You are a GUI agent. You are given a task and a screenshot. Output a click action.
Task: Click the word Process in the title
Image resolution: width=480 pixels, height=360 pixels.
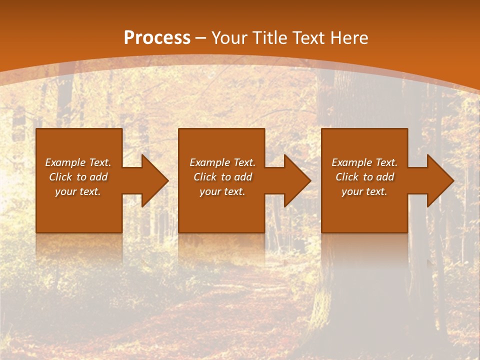157,38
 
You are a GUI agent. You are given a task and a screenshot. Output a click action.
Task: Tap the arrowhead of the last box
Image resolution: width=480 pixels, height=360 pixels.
439,180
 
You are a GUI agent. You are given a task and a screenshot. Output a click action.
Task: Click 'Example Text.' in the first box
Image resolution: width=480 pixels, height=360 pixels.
78,162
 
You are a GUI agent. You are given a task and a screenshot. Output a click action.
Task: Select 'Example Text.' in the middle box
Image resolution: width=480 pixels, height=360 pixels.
222,162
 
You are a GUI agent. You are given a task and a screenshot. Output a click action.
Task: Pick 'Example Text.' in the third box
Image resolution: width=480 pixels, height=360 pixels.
364,162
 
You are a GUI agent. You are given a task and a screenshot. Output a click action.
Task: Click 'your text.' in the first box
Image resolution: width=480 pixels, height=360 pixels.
78,191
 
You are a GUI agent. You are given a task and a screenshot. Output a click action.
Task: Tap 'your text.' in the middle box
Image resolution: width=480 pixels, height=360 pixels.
222,191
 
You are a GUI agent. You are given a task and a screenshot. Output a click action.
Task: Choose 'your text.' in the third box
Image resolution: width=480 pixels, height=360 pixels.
364,191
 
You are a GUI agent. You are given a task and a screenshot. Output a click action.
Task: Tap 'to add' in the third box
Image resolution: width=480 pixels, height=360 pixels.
380,177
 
